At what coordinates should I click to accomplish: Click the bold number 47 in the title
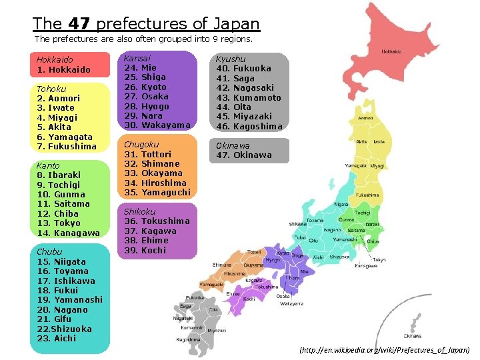click(79, 25)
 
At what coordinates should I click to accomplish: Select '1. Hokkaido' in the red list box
click(64, 70)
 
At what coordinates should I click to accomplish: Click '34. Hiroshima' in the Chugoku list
click(155, 183)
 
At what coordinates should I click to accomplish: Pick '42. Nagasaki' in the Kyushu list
click(244, 88)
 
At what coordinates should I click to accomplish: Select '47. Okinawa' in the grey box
click(243, 155)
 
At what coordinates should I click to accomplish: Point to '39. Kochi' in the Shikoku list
click(145, 250)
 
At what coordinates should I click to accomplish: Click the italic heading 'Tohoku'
click(51, 89)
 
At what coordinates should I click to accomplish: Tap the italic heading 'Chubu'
click(49, 252)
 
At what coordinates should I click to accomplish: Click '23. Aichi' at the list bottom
click(57, 339)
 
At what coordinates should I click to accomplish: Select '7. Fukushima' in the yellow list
click(67, 147)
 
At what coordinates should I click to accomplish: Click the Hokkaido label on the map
click(391, 51)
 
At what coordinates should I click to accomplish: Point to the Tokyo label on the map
click(379, 259)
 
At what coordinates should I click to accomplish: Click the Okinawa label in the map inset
click(412, 336)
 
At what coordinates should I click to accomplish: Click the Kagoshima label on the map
click(187, 339)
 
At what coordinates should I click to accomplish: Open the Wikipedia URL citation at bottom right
click(385, 350)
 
